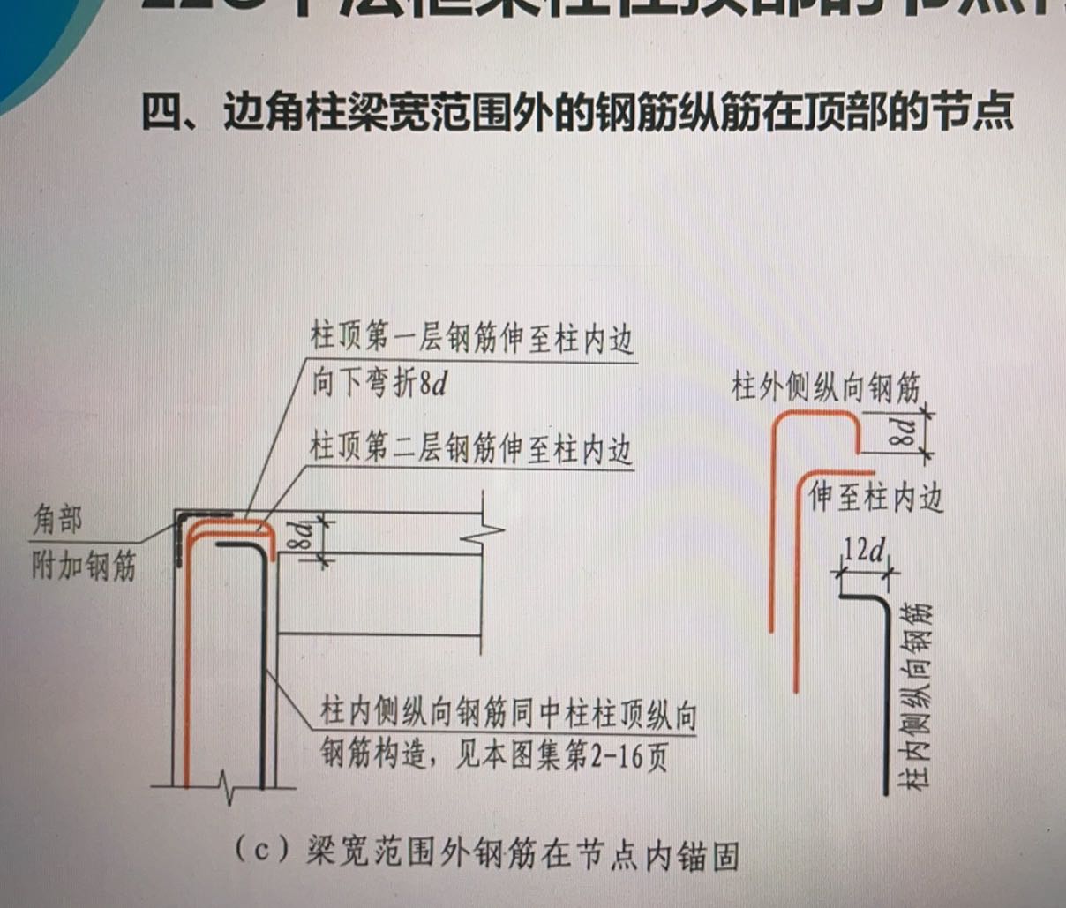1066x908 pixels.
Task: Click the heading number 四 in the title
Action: pos(162,112)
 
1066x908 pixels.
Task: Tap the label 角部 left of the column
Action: pos(57,520)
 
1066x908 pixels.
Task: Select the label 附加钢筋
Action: pos(84,565)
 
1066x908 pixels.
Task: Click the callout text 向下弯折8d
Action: pos(379,384)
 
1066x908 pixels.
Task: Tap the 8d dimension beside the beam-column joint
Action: pos(302,536)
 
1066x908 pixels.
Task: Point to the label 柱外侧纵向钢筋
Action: pos(825,386)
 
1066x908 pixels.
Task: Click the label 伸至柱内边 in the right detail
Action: pos(875,497)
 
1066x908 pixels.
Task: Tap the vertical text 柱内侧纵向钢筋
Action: pos(918,696)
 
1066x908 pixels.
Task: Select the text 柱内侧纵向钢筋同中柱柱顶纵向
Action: pos(508,713)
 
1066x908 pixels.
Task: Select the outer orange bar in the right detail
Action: pos(772,529)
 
